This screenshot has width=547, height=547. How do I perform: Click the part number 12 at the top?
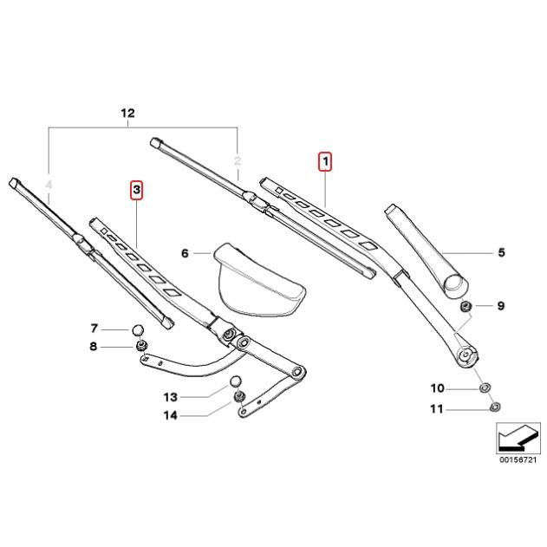128,114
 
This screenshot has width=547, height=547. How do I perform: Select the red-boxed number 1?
324,161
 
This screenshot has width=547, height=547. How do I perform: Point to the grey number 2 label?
237,161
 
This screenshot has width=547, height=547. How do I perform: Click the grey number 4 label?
49,185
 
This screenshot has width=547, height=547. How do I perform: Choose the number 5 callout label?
501,253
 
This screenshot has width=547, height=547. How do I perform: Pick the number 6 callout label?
185,253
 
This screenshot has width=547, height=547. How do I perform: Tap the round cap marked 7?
137,329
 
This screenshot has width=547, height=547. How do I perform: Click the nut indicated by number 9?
466,306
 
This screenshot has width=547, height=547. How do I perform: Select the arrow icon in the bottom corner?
512,439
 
